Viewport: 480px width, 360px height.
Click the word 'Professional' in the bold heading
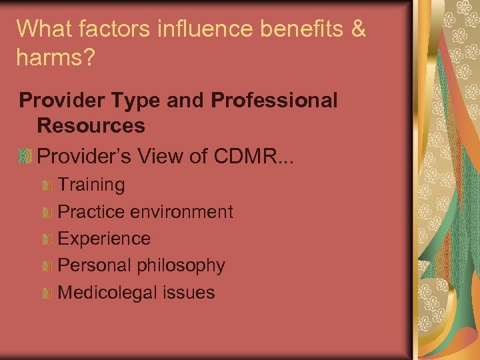coord(274,101)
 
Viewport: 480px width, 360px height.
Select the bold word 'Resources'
coord(91,125)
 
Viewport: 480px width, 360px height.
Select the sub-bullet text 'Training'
coord(91,185)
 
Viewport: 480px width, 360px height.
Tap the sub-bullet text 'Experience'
coord(105,239)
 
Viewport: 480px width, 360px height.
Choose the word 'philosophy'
coord(181,265)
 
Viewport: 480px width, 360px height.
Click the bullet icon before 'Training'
coord(47,185)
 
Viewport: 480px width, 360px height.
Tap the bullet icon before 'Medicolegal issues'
coord(47,293)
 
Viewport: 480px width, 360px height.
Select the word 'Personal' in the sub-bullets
coord(95,265)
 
